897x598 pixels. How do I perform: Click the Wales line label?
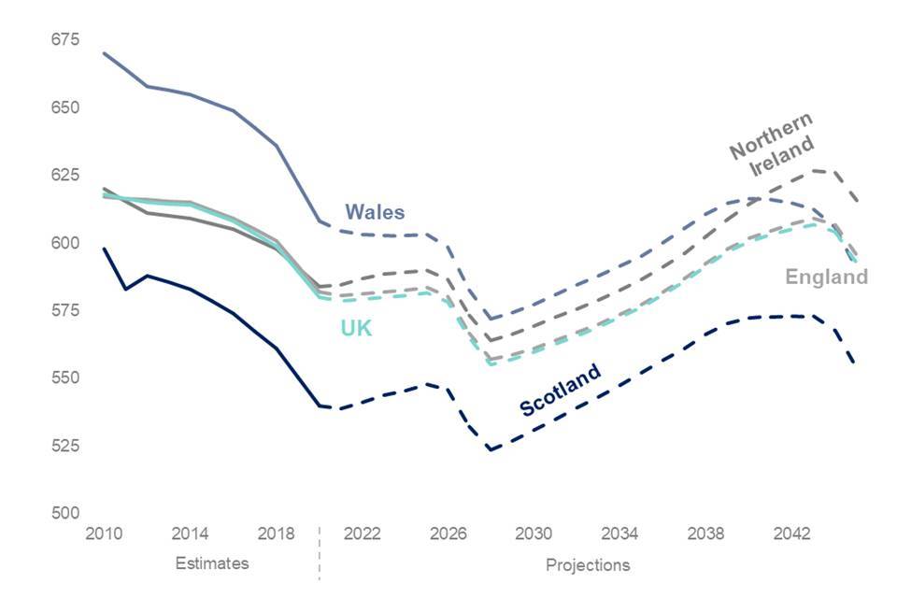tap(375, 212)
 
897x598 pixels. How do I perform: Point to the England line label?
tap(826, 277)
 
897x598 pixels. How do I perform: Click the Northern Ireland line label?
tap(771, 148)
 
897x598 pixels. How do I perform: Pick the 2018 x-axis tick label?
tap(276, 534)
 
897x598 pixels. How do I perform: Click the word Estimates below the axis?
tap(212, 563)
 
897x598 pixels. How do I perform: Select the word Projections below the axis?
tap(588, 564)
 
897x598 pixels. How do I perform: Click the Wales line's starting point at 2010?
tap(104, 53)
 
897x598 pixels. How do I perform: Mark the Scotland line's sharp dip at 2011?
tap(125, 289)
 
